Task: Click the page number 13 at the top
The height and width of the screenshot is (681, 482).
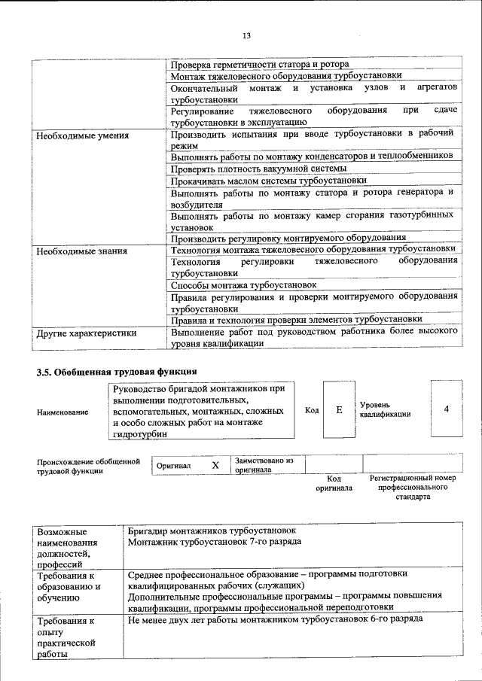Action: [x=246, y=36]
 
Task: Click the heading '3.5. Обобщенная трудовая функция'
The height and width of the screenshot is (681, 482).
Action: [x=117, y=371]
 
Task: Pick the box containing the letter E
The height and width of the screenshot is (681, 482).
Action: [x=339, y=409]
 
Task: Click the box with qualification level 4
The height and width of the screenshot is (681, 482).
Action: [x=447, y=409]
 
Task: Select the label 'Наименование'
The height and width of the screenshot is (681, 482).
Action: [x=62, y=412]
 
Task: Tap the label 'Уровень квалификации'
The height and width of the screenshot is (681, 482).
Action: [x=385, y=409]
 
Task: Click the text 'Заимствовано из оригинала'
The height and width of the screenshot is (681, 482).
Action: [x=264, y=464]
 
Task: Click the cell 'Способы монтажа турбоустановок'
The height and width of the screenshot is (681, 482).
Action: [x=243, y=285]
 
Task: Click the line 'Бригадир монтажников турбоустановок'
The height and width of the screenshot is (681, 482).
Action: [x=212, y=531]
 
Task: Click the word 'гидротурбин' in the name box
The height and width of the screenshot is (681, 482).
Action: [x=139, y=433]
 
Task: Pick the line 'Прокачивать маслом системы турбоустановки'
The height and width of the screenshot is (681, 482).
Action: [x=268, y=181]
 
